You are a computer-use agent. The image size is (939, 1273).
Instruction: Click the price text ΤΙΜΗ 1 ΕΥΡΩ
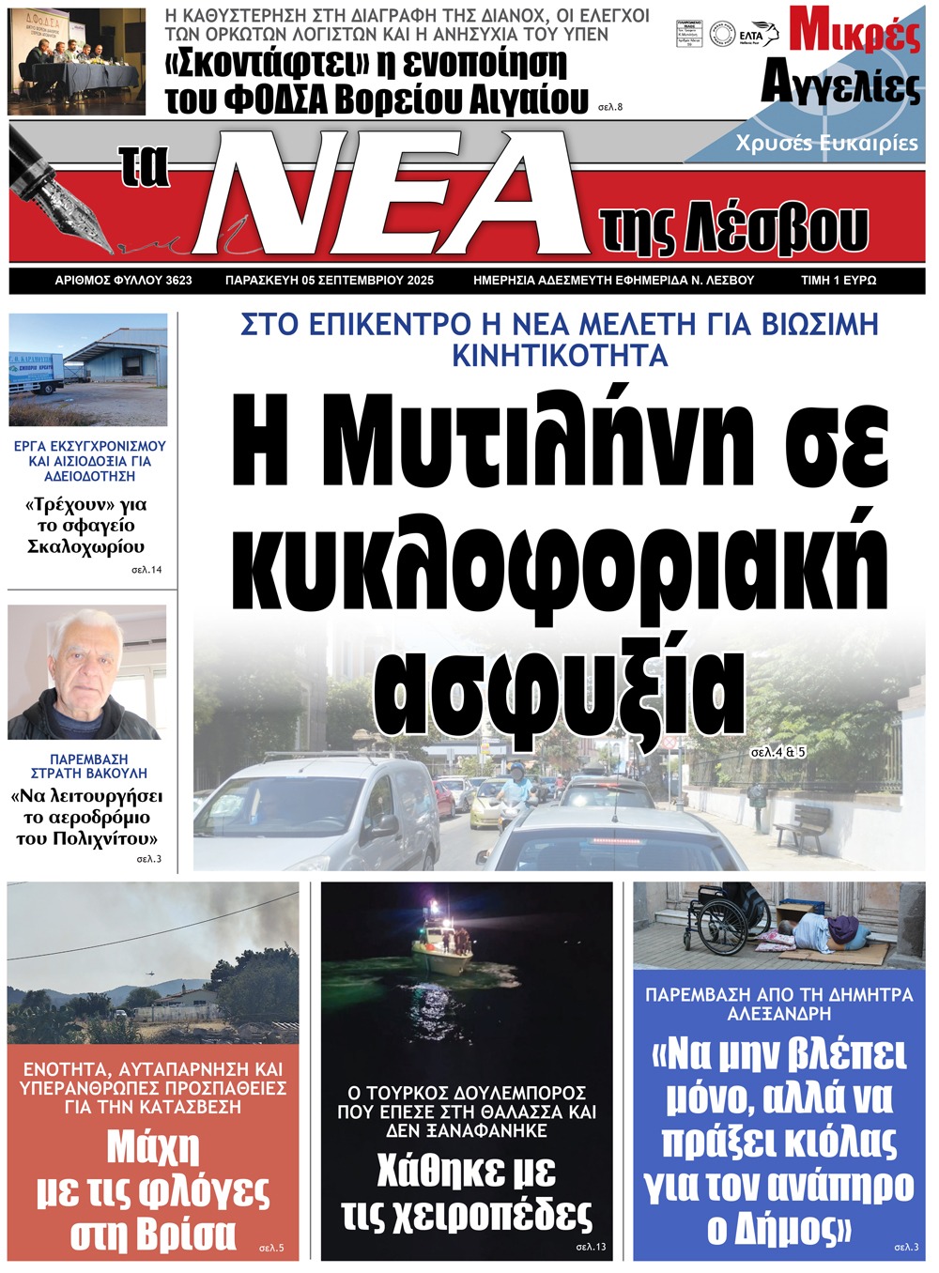(838, 280)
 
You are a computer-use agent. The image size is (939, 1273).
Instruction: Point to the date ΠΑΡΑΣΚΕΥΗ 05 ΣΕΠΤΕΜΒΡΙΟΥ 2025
(329, 280)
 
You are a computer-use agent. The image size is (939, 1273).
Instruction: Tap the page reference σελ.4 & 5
(778, 752)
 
